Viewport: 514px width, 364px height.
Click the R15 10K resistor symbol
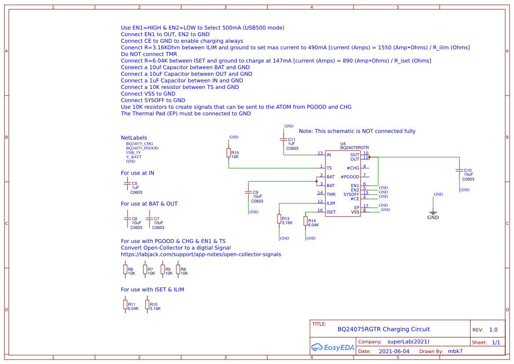tap(229, 153)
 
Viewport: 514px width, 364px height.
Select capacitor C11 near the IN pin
tap(283, 140)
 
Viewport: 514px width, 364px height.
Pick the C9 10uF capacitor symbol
tap(248, 192)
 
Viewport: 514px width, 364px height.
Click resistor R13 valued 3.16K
tap(279, 219)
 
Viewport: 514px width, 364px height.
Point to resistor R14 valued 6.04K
tap(306, 221)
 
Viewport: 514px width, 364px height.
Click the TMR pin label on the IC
tap(331, 195)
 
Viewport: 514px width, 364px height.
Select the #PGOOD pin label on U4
tap(350, 177)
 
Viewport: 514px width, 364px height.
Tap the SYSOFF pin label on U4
tap(351, 195)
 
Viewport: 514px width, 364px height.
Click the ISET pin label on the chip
tap(331, 212)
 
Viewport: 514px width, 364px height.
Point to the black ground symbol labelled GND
tap(433, 213)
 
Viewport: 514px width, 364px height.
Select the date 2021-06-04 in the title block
tap(394, 351)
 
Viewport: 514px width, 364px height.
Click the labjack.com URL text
tap(201, 254)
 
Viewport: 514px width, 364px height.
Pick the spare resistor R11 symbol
tap(125, 305)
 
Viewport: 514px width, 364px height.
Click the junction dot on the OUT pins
tap(369, 157)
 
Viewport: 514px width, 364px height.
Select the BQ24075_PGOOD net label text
tap(142, 148)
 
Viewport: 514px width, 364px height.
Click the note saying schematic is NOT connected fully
tap(357, 131)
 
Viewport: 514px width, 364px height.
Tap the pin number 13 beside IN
tap(320, 153)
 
